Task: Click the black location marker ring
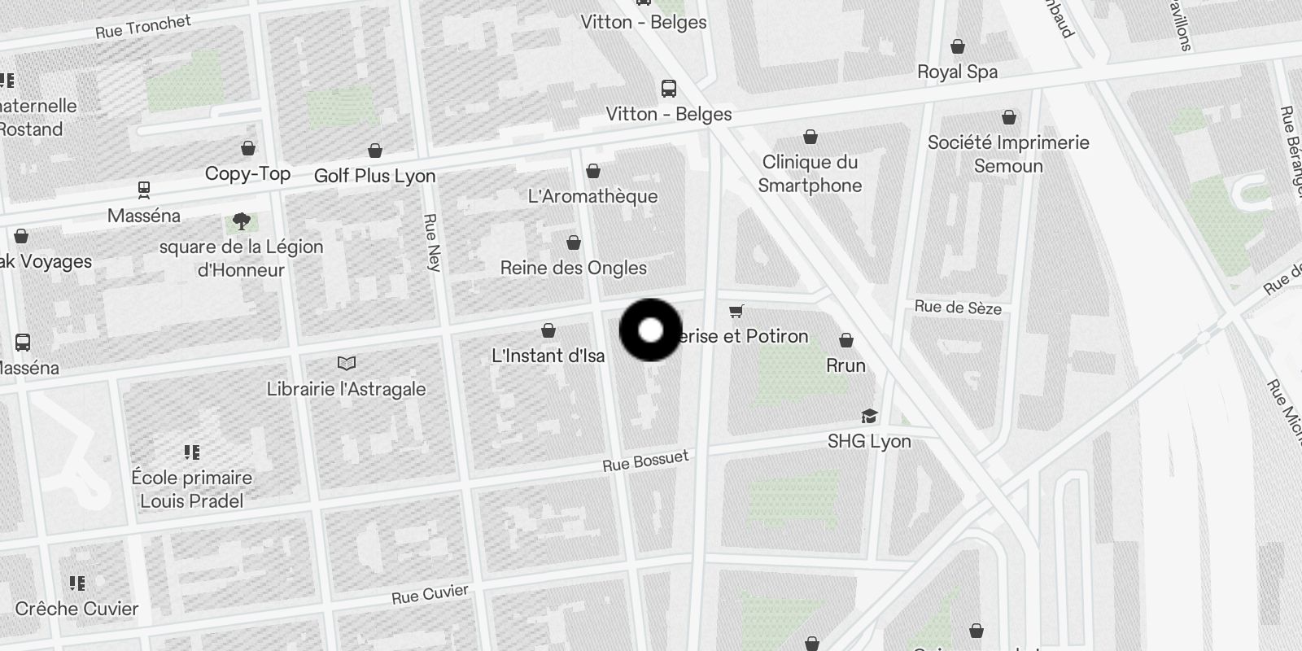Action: pos(650,330)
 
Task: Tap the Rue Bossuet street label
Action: pos(645,461)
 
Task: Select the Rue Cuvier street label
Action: pos(430,595)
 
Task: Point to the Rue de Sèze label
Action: pos(958,307)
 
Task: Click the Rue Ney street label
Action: pos(431,242)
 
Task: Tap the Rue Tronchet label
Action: pos(143,27)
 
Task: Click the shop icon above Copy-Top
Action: pos(248,148)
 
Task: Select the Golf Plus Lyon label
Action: pos(374,176)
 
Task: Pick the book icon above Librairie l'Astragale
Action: pos(347,363)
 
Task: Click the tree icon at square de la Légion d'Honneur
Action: pos(241,221)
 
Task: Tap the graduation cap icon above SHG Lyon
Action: pos(869,417)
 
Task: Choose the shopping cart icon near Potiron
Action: pos(736,311)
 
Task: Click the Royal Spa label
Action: pos(957,72)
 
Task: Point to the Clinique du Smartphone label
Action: pos(810,173)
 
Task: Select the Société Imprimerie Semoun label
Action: pos(1008,154)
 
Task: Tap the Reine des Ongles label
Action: pos(574,268)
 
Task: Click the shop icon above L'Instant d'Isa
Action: pos(548,330)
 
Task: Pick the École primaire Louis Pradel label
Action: pos(192,489)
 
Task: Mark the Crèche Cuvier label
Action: pos(76,609)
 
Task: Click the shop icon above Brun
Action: pos(846,340)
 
